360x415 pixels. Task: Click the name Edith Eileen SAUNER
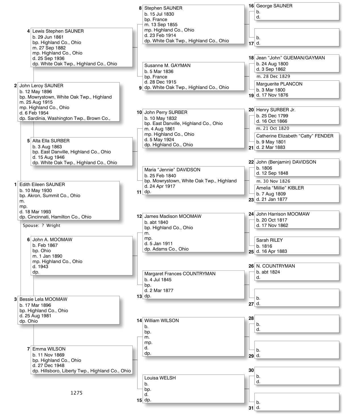(x=42, y=185)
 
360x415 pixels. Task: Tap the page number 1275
(x=76, y=393)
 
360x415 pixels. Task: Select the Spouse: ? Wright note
(x=41, y=226)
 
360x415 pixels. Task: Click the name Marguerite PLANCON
(x=279, y=84)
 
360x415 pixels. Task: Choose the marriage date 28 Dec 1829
(x=273, y=76)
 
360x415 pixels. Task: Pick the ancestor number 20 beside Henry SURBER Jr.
(x=251, y=110)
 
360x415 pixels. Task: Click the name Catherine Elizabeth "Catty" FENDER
(x=295, y=136)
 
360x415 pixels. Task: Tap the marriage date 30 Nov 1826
(x=273, y=181)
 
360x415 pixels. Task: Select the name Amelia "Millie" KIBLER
(x=280, y=188)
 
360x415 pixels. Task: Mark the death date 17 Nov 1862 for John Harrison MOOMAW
(x=272, y=226)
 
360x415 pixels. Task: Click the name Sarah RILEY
(x=269, y=240)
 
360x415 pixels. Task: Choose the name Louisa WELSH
(x=160, y=378)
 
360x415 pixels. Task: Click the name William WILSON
(x=161, y=321)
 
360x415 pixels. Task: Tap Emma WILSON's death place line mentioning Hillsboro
(x=82, y=371)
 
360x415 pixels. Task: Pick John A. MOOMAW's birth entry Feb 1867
(x=45, y=245)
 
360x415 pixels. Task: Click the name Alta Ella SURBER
(x=51, y=141)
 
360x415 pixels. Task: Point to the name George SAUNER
(x=274, y=6)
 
